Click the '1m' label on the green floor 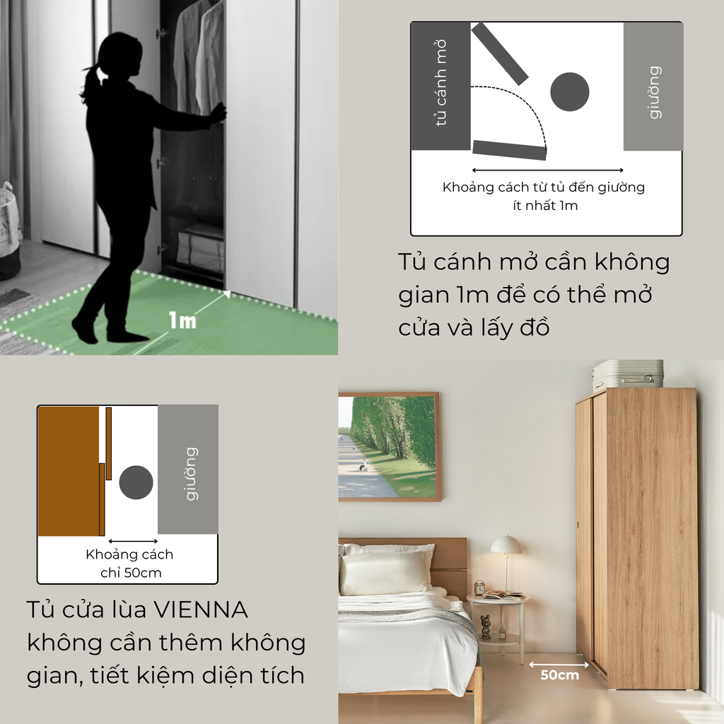tap(182, 321)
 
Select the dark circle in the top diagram tap(569, 92)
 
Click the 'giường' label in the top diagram tap(654, 92)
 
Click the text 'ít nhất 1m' tap(544, 206)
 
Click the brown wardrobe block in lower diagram tap(68, 470)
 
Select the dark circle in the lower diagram tap(136, 483)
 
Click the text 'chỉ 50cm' tap(130, 572)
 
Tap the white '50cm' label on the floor tap(559, 675)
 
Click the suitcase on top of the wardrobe tap(627, 373)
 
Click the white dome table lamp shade tap(506, 545)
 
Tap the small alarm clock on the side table tap(479, 588)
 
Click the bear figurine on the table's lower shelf tap(486, 626)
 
